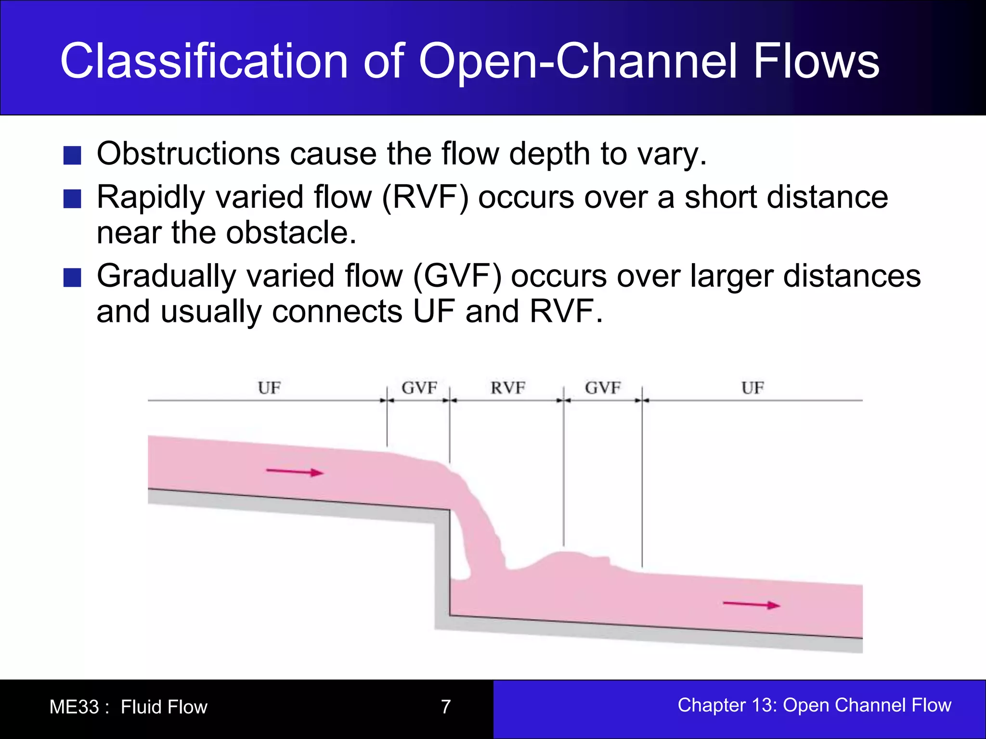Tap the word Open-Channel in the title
pyautogui.click(x=578, y=61)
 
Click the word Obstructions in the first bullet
pyautogui.click(x=188, y=154)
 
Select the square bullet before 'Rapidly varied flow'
pyautogui.click(x=72, y=198)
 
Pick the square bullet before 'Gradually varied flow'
pyautogui.click(x=72, y=277)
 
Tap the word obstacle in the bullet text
pyautogui.click(x=291, y=233)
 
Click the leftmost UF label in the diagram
pyautogui.click(x=269, y=388)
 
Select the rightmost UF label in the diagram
pyautogui.click(x=752, y=388)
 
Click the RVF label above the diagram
pyautogui.click(x=508, y=388)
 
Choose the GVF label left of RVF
pyautogui.click(x=419, y=388)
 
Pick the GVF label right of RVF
pyautogui.click(x=603, y=388)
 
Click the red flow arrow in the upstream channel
pyautogui.click(x=295, y=472)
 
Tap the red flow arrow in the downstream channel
pyautogui.click(x=751, y=604)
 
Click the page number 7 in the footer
pyautogui.click(x=446, y=707)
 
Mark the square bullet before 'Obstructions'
pyautogui.click(x=72, y=155)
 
